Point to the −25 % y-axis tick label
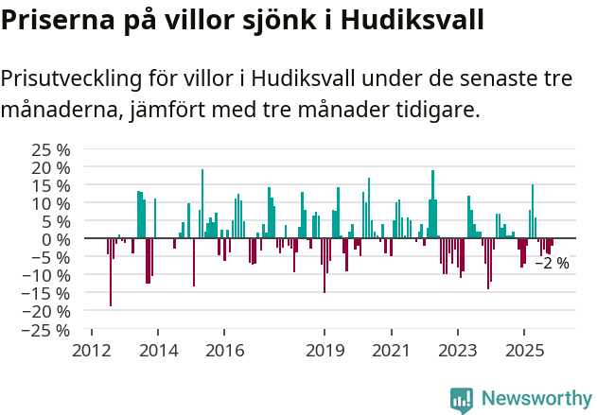(x=48, y=330)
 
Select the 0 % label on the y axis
(x=56, y=239)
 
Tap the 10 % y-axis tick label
(x=52, y=203)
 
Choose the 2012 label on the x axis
(x=91, y=351)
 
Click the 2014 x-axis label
(x=158, y=351)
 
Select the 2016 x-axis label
(x=224, y=351)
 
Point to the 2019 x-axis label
(x=325, y=351)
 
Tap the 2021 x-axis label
(x=391, y=351)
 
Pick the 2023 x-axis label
(x=458, y=351)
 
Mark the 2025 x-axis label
(x=524, y=351)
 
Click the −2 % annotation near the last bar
(x=552, y=264)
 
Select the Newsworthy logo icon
(x=462, y=399)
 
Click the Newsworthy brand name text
(x=536, y=399)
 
